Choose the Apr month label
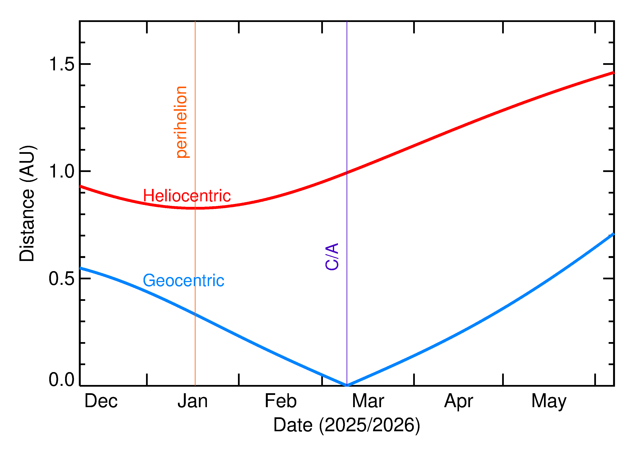coord(458,401)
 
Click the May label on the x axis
coord(549,401)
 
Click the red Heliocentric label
coord(187,196)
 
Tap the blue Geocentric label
coord(183,281)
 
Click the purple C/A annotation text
coord(332,256)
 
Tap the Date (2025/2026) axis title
coord(346,425)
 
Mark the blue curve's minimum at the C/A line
coord(347,385)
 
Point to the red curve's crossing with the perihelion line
coord(195,208)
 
